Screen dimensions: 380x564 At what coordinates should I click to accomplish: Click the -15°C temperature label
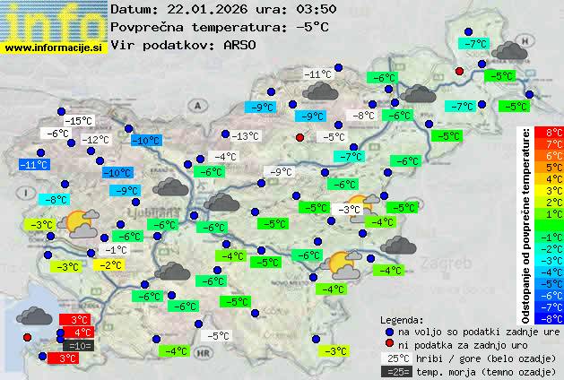coord(79,120)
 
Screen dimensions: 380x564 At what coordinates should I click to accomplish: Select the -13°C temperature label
coord(245,136)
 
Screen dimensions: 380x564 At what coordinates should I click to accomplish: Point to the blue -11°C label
coord(34,165)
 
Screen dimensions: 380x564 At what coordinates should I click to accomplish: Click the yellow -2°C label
coord(110,265)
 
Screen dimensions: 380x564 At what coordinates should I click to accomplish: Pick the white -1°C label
coord(115,250)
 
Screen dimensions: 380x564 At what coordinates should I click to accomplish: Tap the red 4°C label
coord(78,332)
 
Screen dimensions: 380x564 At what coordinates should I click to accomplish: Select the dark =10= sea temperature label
coord(78,345)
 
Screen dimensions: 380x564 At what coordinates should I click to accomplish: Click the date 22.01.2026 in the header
coord(209,9)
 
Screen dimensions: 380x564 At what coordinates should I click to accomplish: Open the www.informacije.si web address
coord(54,48)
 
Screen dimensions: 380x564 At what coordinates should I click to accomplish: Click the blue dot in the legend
coord(388,331)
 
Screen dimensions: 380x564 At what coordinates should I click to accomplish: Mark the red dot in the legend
coord(388,344)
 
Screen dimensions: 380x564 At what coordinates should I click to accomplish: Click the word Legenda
coord(402,319)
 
